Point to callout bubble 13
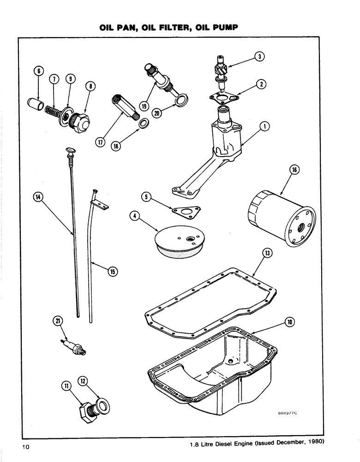pyautogui.click(x=267, y=253)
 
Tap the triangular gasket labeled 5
pyautogui.click(x=184, y=210)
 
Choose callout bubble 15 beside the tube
pyautogui.click(x=112, y=272)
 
